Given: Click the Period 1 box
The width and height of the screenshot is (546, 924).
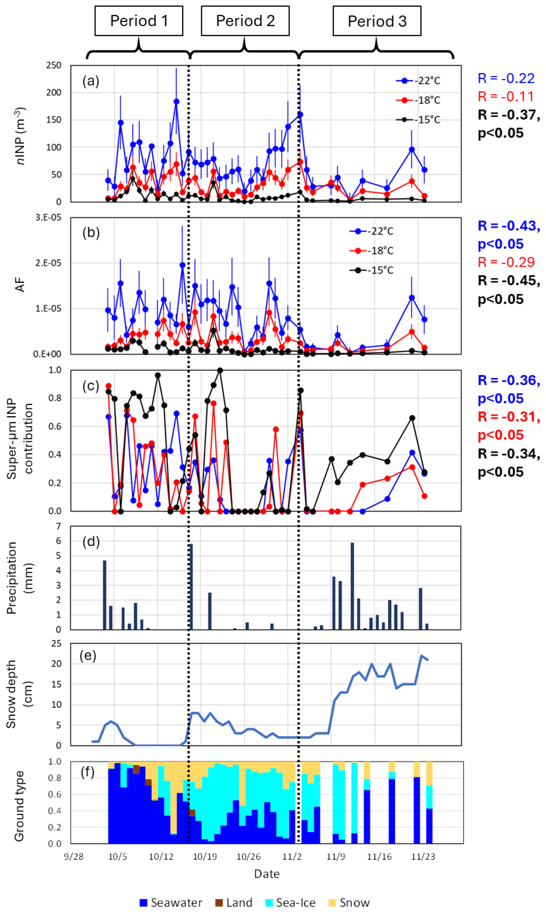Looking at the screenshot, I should pyautogui.click(x=139, y=21).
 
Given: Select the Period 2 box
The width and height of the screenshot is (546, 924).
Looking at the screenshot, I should pyautogui.click(x=245, y=21).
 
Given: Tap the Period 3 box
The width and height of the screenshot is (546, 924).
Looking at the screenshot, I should pyautogui.click(x=377, y=21).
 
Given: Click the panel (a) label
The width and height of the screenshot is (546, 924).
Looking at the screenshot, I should pyautogui.click(x=91, y=81).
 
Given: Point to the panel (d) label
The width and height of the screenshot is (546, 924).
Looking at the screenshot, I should pyautogui.click(x=91, y=541).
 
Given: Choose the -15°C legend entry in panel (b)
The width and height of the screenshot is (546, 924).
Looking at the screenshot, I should pyautogui.click(x=372, y=270).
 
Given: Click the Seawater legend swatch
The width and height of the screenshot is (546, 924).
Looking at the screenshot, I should pyautogui.click(x=143, y=903).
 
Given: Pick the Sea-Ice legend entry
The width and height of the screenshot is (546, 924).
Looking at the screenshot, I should pyautogui.click(x=290, y=903).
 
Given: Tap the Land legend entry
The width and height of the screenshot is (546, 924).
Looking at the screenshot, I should pyautogui.click(x=234, y=903).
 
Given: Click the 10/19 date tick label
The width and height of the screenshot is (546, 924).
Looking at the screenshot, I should pyautogui.click(x=205, y=857).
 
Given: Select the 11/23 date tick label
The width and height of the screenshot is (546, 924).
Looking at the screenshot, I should pyautogui.click(x=423, y=857).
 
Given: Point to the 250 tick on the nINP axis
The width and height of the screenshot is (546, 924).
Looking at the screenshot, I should pyautogui.click(x=54, y=65).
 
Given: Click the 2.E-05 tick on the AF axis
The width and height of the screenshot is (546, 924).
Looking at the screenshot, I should pyautogui.click(x=48, y=263).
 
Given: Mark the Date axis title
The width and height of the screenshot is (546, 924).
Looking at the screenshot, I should pyautogui.click(x=267, y=874).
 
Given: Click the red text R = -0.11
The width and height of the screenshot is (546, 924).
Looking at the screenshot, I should pyautogui.click(x=506, y=97).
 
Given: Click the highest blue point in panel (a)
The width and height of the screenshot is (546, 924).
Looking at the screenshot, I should pyautogui.click(x=176, y=102).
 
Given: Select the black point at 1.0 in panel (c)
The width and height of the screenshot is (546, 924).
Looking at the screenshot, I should pyautogui.click(x=220, y=370).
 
